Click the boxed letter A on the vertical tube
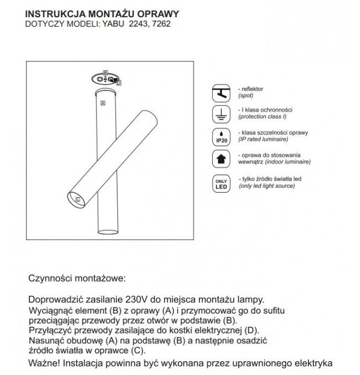(x=102, y=103)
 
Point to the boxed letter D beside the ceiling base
(x=119, y=83)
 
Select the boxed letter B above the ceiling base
(x=105, y=74)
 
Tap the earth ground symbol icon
(x=220, y=115)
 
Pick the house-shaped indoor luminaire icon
(x=220, y=160)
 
